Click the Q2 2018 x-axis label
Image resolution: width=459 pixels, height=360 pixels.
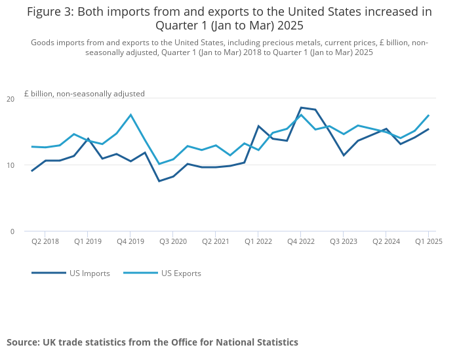45,241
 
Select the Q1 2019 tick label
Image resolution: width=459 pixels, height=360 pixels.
88,241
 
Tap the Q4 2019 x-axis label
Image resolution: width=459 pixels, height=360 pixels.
130,241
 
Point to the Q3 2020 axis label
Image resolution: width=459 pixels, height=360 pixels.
173,241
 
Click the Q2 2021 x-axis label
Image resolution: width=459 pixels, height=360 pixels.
216,241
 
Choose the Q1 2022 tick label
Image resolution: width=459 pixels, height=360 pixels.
258,241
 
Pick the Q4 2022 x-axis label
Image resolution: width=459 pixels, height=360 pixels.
301,241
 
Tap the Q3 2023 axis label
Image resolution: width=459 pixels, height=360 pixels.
344,241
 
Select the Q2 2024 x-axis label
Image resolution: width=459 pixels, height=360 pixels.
386,241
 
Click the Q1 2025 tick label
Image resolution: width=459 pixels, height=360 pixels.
429,241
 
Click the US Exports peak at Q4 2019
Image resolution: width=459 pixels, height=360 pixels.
130,115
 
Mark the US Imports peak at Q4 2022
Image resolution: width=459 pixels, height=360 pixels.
301,108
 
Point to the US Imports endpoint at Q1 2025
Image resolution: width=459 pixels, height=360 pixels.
428,129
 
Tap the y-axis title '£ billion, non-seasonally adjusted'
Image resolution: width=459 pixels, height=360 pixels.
85,94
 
